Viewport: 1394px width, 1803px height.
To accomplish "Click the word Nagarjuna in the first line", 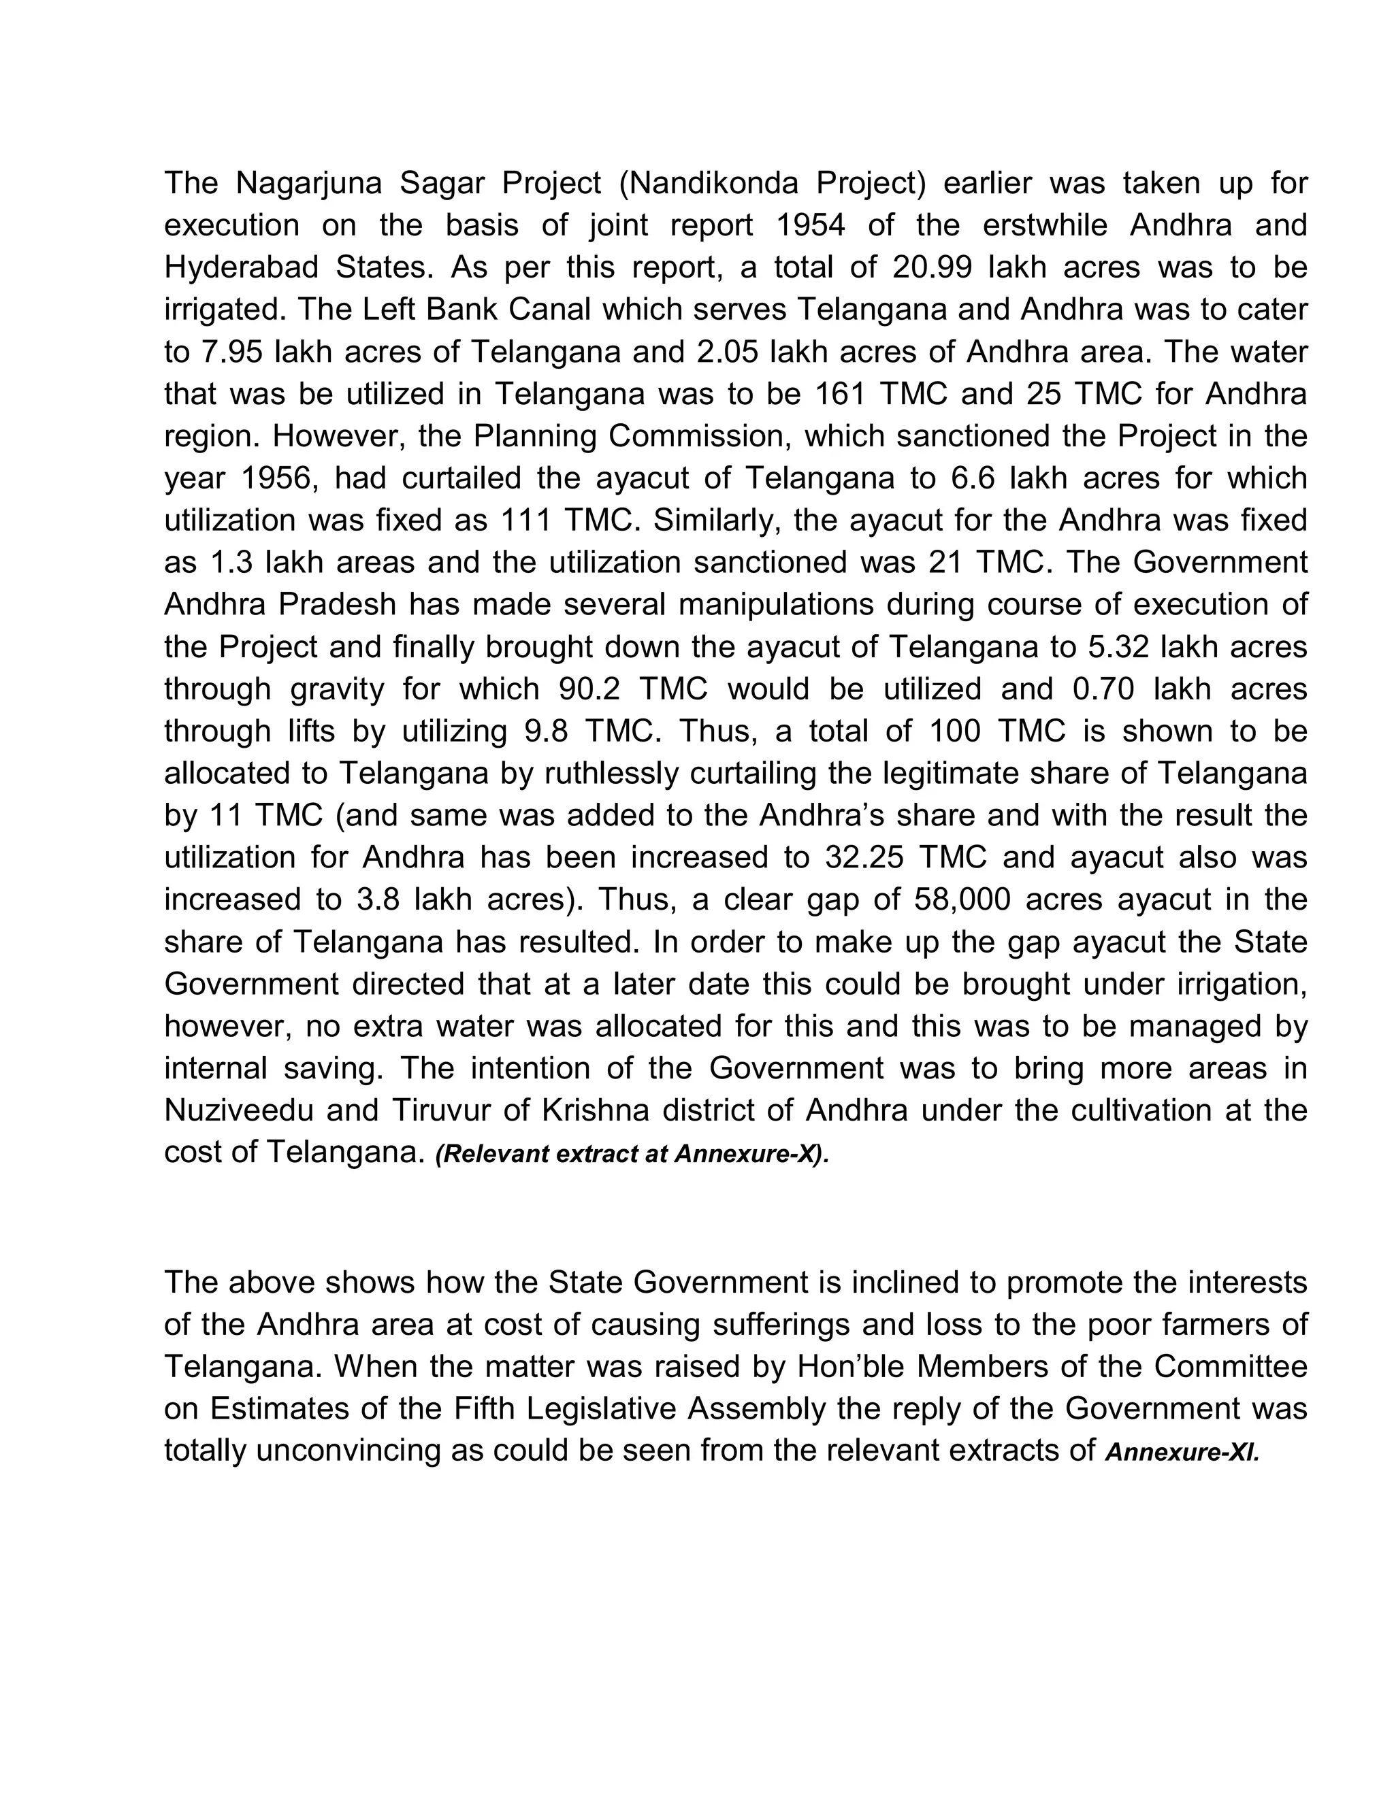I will pos(309,183).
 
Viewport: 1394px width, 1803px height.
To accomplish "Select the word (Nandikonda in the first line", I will pos(709,183).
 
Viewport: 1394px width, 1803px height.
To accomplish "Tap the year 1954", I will pos(812,225).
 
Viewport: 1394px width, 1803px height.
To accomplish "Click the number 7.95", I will pos(231,352).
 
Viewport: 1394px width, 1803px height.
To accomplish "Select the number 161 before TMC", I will pos(840,394).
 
